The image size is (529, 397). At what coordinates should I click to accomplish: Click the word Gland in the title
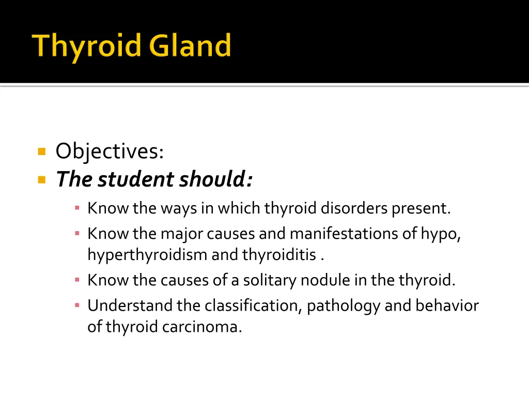[190, 45]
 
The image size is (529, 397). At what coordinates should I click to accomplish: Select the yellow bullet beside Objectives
[42, 152]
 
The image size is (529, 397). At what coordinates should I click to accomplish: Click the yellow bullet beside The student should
[42, 180]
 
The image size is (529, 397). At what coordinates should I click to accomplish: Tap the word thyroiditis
[279, 255]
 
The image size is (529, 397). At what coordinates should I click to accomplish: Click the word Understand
[130, 306]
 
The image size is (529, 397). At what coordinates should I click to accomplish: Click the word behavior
[447, 306]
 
